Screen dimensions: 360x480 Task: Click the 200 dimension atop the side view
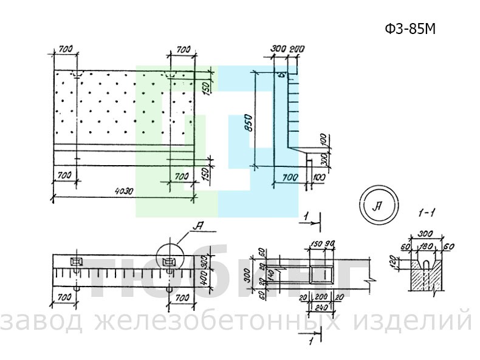coord(297,49)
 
